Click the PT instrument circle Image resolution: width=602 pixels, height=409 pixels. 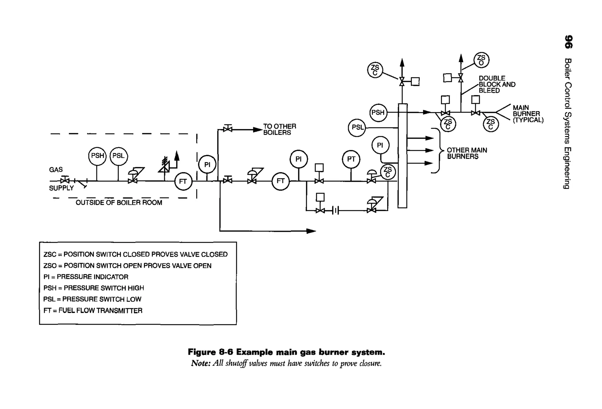coord(351,159)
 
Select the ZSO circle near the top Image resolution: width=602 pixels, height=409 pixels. coord(481,60)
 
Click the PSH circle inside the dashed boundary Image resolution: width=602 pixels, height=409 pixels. coord(97,156)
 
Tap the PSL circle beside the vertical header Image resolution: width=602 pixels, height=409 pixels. coord(357,128)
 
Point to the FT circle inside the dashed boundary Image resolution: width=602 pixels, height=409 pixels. coord(183,181)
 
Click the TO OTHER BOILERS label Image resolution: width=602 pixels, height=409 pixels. coord(279,129)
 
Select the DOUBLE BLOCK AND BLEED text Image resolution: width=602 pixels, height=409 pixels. coord(497,84)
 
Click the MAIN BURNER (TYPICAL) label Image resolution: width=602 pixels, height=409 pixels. coord(528,114)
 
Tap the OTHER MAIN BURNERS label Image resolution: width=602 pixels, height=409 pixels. coord(466,153)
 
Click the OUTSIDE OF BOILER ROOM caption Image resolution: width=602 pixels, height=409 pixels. coord(119,203)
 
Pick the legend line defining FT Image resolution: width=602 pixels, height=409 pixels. coord(93,310)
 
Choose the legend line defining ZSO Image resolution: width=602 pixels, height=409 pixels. coord(127,266)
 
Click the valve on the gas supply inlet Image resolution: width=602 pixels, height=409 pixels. coord(65,180)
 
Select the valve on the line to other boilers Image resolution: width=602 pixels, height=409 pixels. coord(228,129)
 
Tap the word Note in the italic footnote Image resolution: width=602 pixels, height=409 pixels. coord(200,363)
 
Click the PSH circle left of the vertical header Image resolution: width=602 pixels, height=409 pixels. coord(378,112)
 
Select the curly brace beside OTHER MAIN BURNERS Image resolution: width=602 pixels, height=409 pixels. coord(438,151)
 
